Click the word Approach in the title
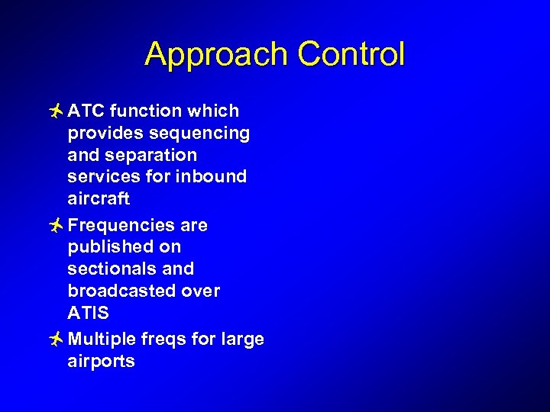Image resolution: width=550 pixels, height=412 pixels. click(217, 55)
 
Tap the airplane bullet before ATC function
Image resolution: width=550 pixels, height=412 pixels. click(54, 111)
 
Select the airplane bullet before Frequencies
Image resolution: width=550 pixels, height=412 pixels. click(54, 225)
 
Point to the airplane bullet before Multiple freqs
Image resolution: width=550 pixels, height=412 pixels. click(54, 339)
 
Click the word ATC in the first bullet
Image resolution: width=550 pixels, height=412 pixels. click(86, 111)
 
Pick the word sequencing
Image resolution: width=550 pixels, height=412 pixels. click(200, 134)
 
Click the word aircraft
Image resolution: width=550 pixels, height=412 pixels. click(99, 199)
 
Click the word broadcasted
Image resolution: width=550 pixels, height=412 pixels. click(121, 291)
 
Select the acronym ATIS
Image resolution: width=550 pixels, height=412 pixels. click(88, 313)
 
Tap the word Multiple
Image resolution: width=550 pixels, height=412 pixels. click(98, 339)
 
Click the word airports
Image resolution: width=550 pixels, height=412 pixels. click(101, 361)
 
